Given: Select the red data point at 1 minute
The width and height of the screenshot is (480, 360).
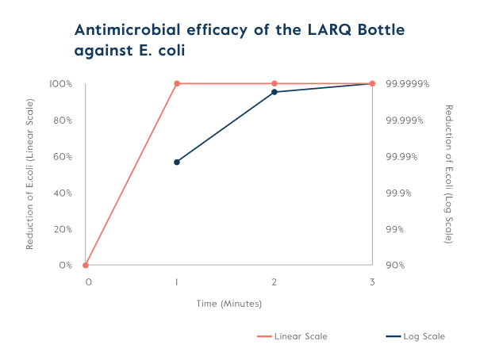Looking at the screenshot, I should tap(177, 83).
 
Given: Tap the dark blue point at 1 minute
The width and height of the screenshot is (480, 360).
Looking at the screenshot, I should tap(177, 162).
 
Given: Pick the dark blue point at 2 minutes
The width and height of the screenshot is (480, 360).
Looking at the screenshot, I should tap(275, 92).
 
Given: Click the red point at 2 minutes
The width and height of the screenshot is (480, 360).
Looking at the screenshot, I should tap(275, 83).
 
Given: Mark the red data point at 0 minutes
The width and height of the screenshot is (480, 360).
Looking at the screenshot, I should tap(86, 265).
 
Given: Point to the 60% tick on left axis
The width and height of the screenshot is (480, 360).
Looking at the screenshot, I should tap(63, 156).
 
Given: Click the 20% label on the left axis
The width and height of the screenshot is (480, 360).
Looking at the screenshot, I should tap(63, 229).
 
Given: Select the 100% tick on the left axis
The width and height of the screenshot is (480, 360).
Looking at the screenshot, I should tap(61, 83).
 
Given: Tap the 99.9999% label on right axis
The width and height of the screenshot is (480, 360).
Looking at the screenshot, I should tap(407, 83).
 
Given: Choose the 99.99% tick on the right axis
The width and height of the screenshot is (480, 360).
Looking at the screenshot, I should tap(402, 156).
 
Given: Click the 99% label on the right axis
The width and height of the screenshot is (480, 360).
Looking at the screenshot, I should tap(395, 229).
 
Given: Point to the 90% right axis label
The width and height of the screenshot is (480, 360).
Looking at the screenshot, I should tap(395, 265).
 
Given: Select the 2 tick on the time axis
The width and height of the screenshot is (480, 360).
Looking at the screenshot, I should tap(275, 281).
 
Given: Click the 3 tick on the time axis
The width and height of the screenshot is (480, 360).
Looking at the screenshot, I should tap(372, 281).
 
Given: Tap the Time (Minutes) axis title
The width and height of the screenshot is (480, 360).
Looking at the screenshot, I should tap(229, 303).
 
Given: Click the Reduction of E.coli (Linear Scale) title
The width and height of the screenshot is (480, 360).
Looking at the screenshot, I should tap(30, 174).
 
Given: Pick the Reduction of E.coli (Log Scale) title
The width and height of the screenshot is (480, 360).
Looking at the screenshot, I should tap(448, 174).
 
